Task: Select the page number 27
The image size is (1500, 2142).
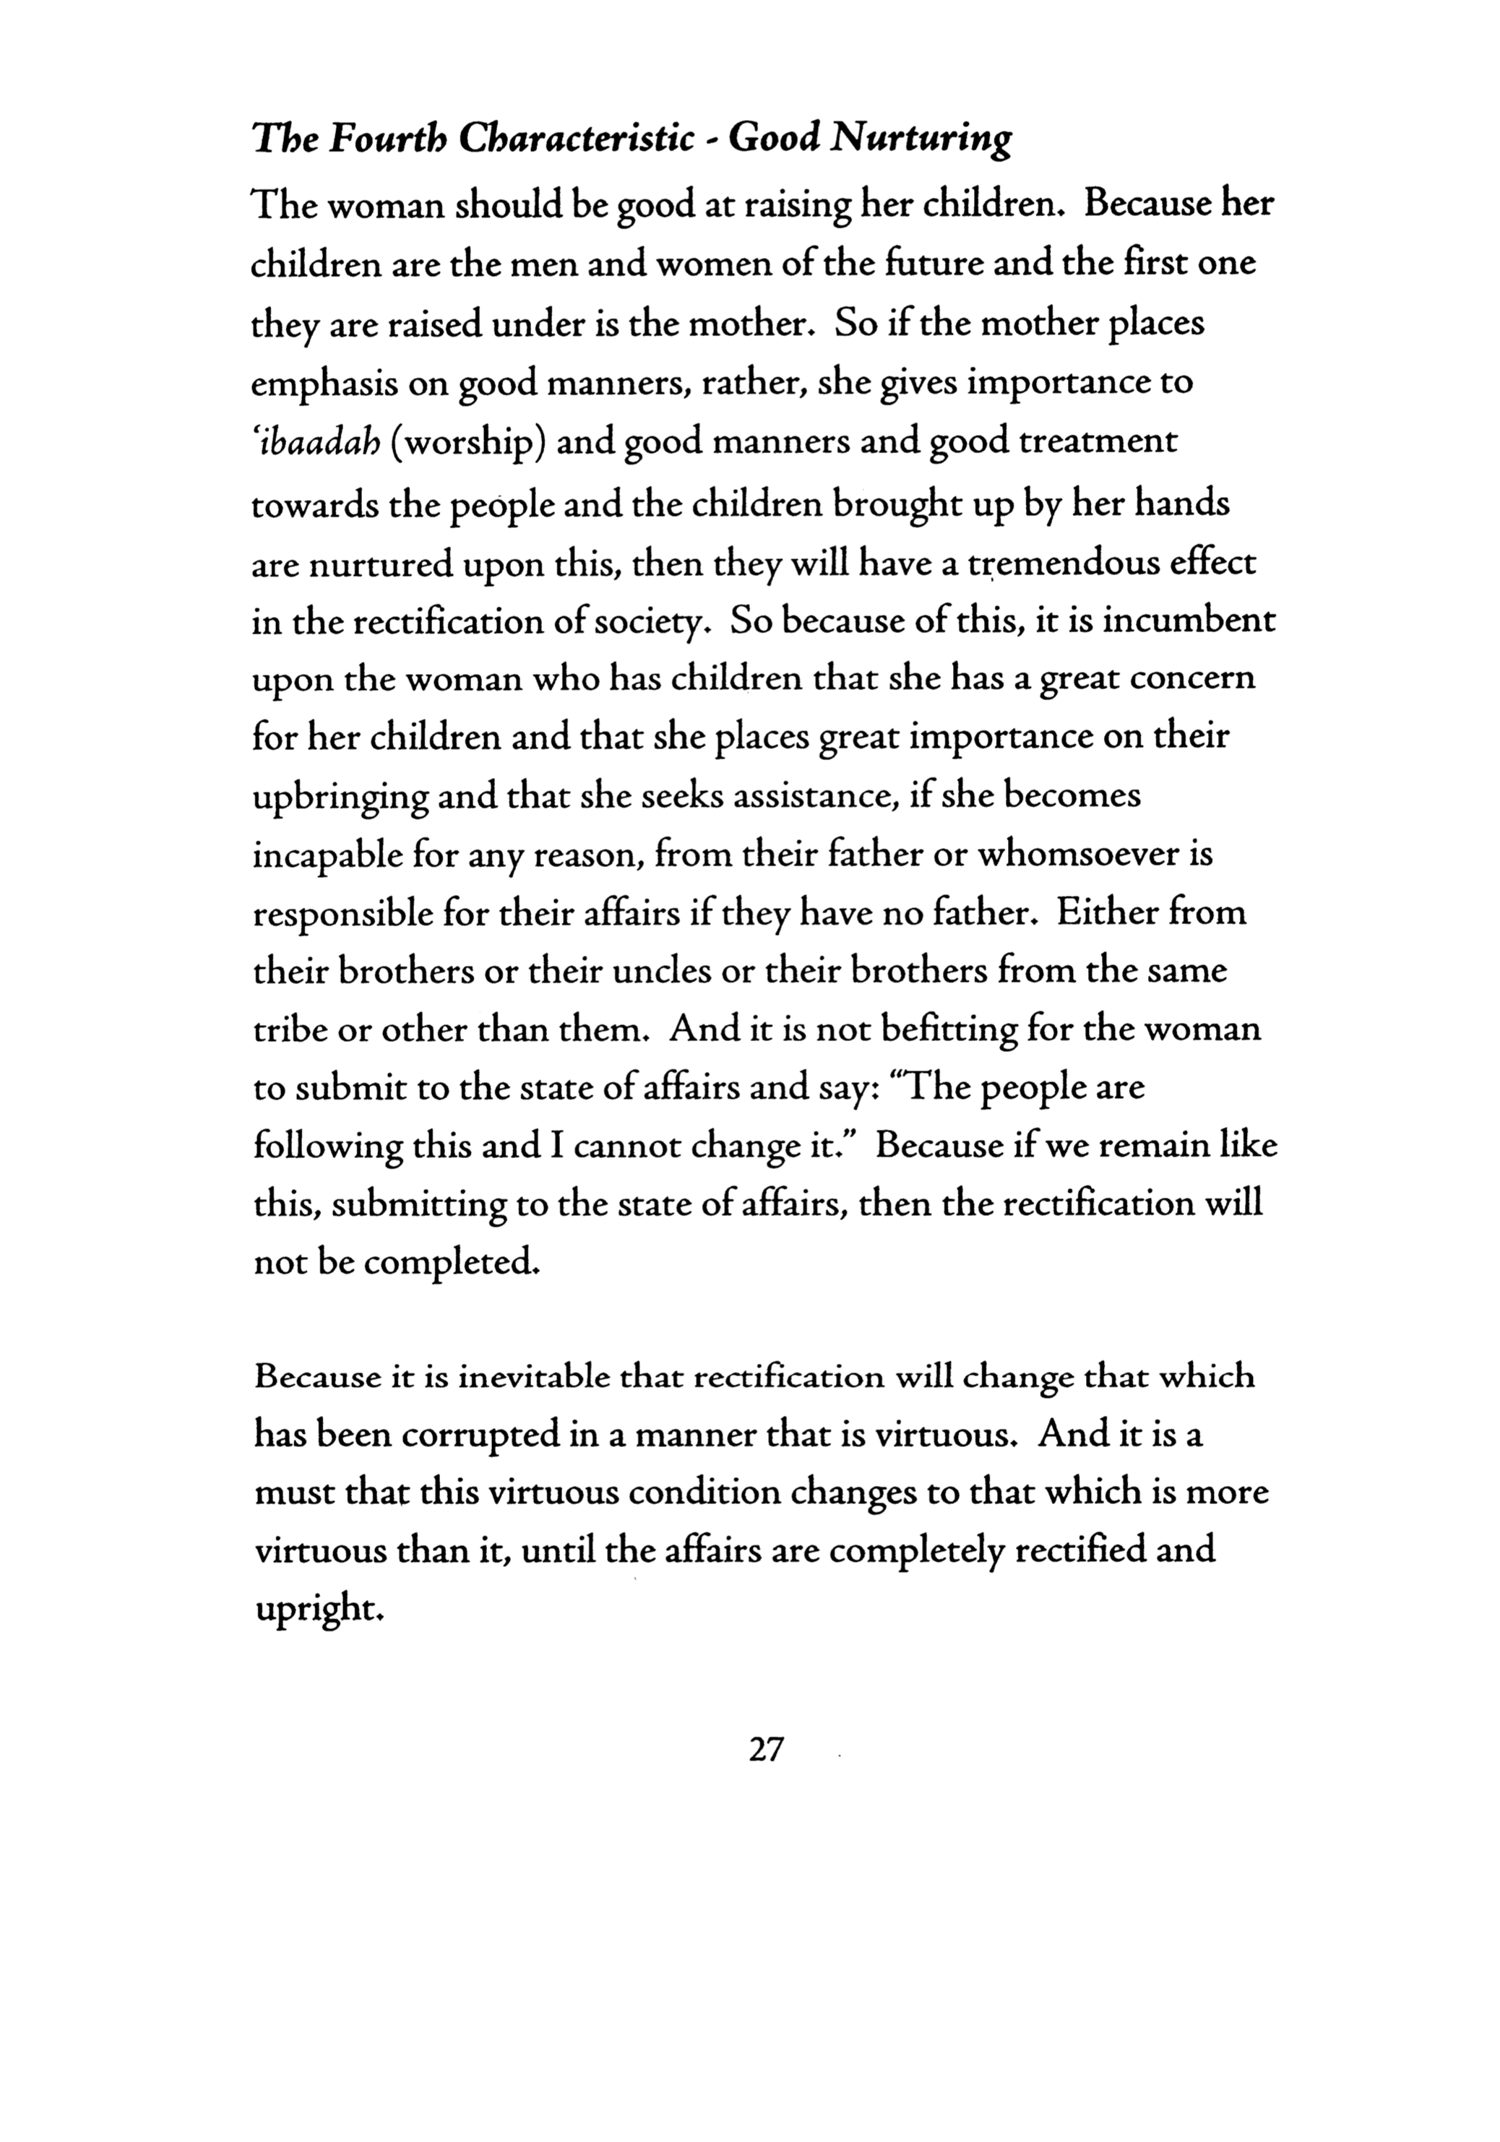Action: tap(765, 1749)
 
